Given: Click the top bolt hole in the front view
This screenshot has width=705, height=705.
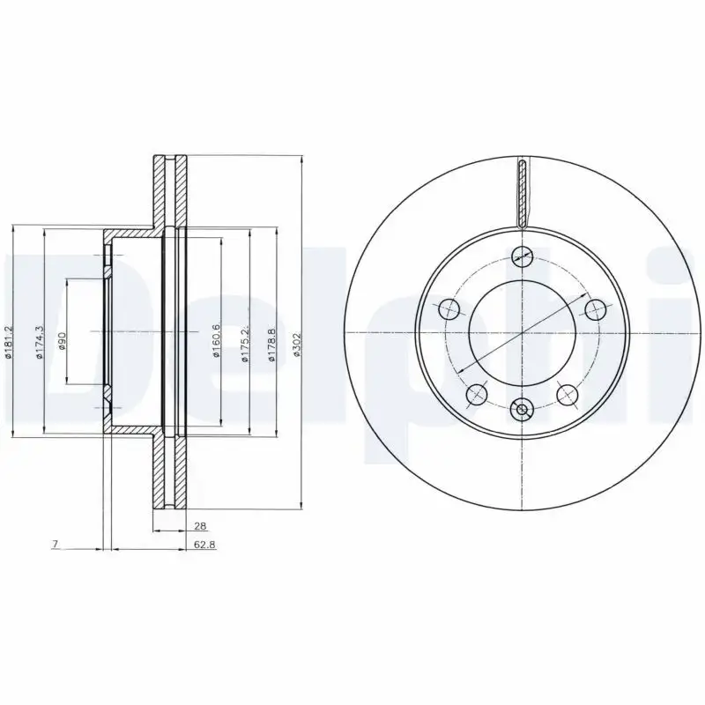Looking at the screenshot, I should (522, 256).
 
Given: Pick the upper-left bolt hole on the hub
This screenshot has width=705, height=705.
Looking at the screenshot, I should (449, 309).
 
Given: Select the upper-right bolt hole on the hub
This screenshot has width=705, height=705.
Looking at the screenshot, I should (595, 309).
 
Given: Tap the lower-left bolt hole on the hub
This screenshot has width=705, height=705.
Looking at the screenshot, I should (477, 394).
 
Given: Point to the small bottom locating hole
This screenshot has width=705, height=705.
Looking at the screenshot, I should (522, 408).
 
